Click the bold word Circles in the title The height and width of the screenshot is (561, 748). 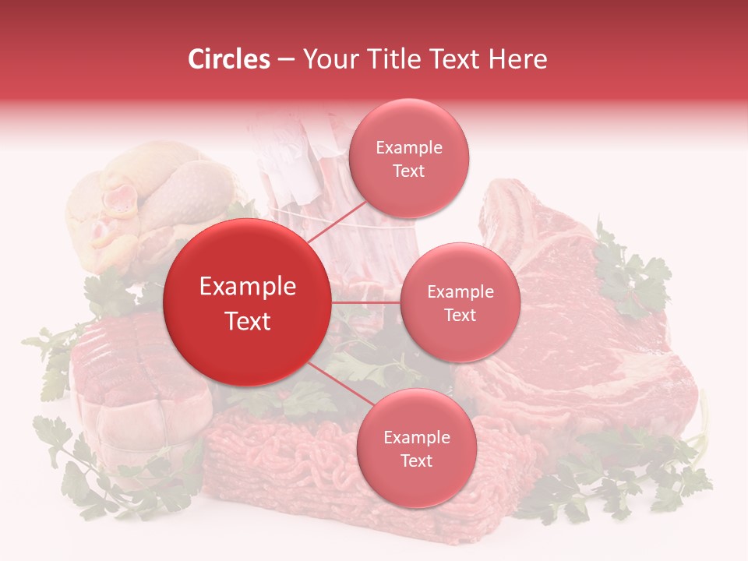(x=228, y=59)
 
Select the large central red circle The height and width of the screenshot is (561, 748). (x=246, y=302)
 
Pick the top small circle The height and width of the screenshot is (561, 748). (x=408, y=158)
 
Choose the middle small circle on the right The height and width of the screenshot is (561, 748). (x=460, y=302)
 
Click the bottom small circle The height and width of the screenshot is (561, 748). (x=416, y=448)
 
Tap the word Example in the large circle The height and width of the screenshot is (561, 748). (x=248, y=287)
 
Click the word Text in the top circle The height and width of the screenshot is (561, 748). (x=408, y=171)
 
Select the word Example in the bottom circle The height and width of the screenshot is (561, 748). (x=416, y=437)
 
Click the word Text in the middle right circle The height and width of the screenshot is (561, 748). (x=460, y=315)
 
